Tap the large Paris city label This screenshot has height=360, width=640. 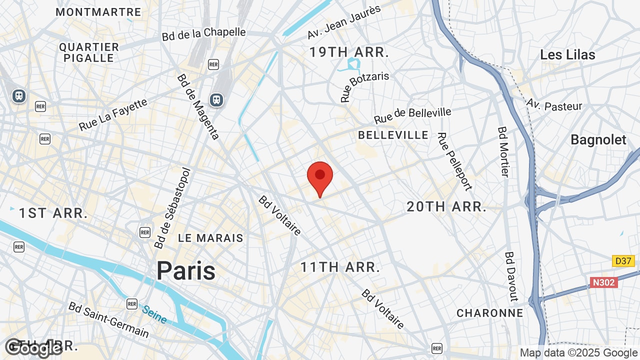tap(186, 271)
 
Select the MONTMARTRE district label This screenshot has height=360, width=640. tap(98, 12)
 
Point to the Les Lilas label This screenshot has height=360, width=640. tap(567, 55)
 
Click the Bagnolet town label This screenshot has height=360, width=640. tap(598, 140)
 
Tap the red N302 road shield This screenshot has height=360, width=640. tap(604, 282)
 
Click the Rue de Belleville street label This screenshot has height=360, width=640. tap(412, 116)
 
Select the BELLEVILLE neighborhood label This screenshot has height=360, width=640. tap(393, 135)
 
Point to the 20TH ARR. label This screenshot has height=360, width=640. tap(446, 206)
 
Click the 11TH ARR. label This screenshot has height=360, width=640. tap(340, 267)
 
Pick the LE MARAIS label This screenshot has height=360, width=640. tap(210, 238)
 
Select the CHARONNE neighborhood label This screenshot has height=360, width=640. tap(489, 313)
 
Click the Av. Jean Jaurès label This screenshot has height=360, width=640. tap(344, 22)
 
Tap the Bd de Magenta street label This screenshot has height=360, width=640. tap(198, 107)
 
